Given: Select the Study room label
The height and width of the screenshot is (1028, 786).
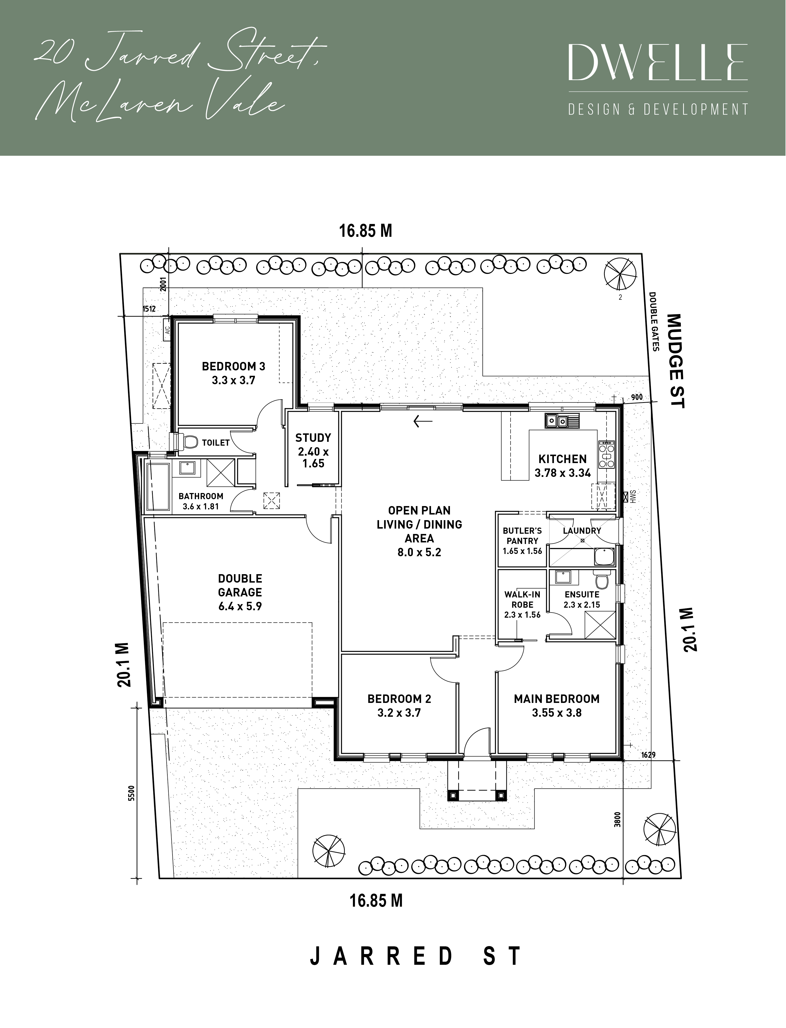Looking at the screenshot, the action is tap(313, 451).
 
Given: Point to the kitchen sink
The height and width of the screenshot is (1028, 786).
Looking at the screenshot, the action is tap(562, 421).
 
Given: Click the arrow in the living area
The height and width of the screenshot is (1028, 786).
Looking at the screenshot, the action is tap(423, 421).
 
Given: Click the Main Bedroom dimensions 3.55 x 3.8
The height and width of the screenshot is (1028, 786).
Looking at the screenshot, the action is tap(557, 713).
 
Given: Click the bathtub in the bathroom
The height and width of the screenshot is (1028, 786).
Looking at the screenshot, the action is tap(159, 488).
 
